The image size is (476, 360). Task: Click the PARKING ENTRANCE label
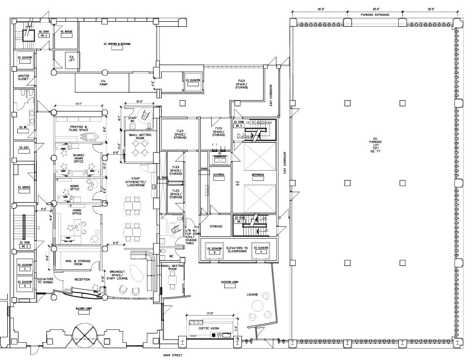[x=375, y=15]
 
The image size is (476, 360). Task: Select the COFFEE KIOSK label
[x=208, y=328]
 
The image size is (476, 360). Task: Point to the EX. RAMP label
[x=104, y=82]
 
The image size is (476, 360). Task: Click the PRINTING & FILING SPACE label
[x=79, y=129]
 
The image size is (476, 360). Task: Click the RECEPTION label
[x=82, y=280]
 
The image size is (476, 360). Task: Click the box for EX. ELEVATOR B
[x=216, y=250]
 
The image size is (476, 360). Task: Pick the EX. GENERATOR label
[x=218, y=156]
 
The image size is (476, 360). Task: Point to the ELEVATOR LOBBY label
[x=230, y=282]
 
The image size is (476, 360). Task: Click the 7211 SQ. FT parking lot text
[x=375, y=149]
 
